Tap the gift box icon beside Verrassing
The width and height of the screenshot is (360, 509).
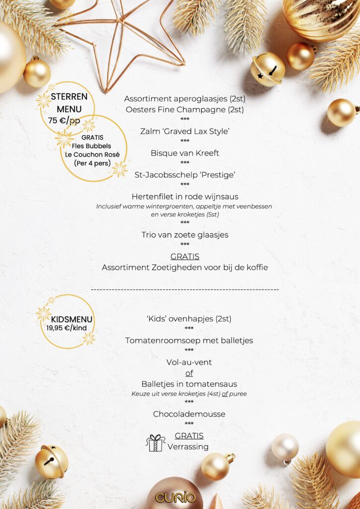point(156,442)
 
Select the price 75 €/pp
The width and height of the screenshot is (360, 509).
point(64,120)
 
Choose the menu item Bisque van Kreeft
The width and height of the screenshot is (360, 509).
point(184,153)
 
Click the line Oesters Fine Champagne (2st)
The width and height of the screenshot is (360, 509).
point(184,109)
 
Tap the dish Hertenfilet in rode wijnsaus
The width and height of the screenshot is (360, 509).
point(184,196)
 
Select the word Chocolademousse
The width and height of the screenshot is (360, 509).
point(189,414)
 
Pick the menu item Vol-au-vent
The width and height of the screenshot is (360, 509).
point(189,362)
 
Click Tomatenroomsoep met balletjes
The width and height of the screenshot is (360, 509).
point(189,340)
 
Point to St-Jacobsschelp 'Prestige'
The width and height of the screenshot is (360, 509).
point(184,174)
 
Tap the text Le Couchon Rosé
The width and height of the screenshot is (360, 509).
point(92,154)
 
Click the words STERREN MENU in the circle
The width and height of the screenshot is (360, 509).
point(69,102)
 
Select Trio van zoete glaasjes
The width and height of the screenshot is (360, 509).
point(184,235)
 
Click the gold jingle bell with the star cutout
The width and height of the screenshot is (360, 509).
point(268,69)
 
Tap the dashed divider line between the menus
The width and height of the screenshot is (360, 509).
point(184,289)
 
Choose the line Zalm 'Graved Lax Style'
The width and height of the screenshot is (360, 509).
point(184,131)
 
